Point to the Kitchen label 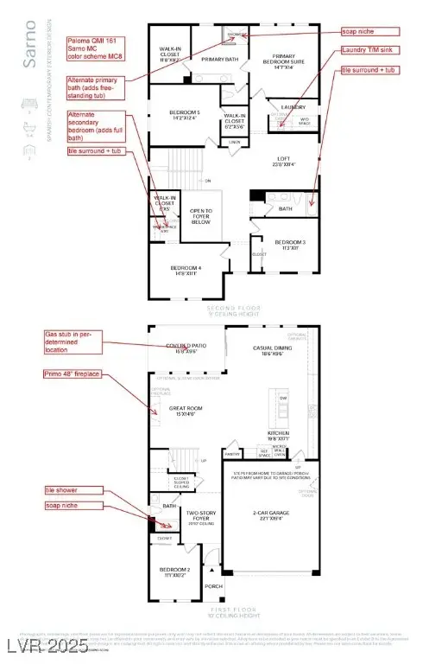click(277, 435)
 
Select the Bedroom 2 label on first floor click(174, 573)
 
